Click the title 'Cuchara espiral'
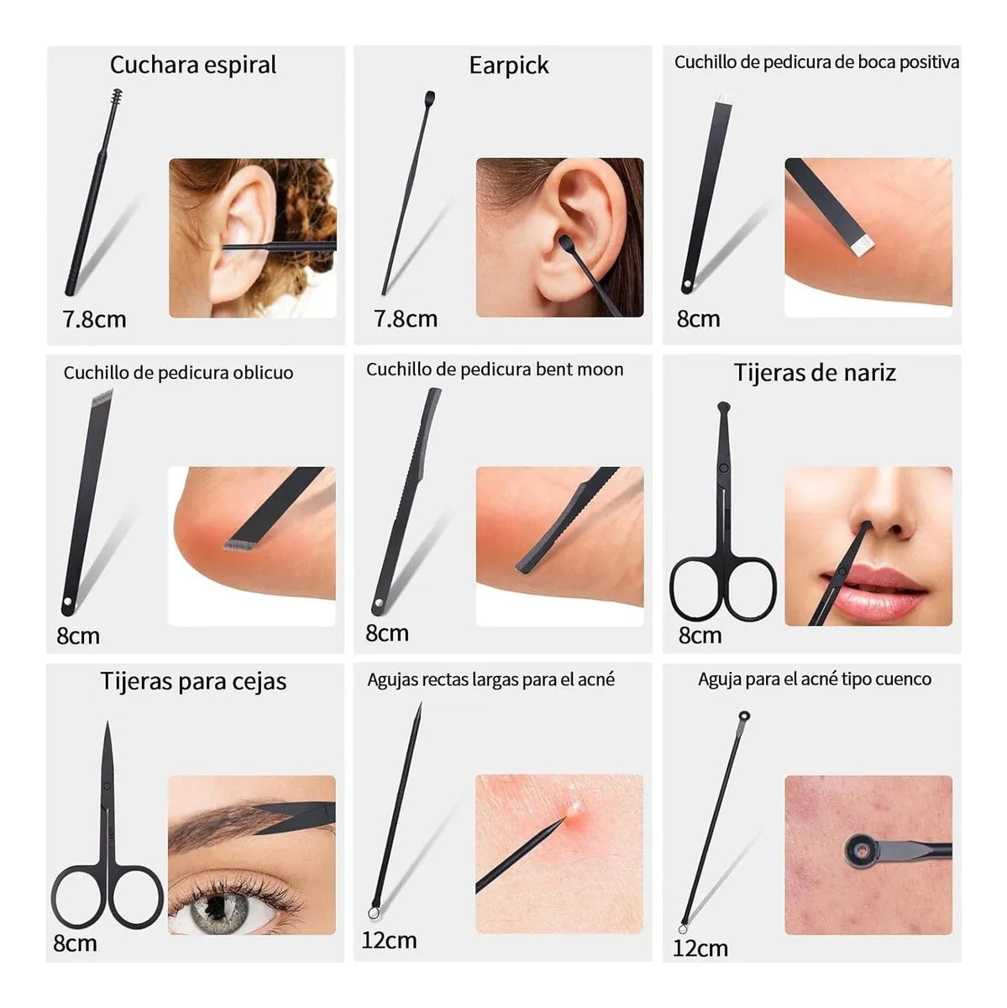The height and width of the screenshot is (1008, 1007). coord(193,66)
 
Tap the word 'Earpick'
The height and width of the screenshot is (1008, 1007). coord(509,66)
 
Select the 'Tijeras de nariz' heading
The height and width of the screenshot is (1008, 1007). coord(815,373)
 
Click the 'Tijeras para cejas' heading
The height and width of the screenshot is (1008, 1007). coord(193,681)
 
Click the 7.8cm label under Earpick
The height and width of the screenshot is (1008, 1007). coord(406,319)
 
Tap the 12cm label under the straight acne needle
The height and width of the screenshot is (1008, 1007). coord(389,940)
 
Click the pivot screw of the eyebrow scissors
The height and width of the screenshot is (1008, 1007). coord(107,786)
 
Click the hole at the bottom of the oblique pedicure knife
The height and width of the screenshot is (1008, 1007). coord(67,603)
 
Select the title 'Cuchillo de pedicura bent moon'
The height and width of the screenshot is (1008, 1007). coord(495,370)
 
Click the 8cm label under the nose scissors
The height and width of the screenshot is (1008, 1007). coord(700,635)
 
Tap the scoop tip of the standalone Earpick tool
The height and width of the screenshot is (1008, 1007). coord(431,97)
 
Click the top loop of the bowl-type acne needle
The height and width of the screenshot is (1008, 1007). coord(744,717)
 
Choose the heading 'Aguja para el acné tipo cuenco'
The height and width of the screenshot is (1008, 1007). coord(815,679)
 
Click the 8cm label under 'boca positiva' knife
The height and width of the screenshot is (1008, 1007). coord(698,319)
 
